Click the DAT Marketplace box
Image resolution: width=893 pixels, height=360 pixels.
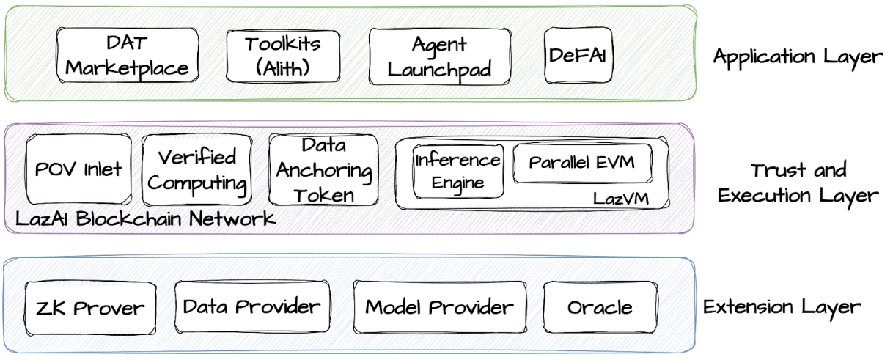click(x=128, y=56)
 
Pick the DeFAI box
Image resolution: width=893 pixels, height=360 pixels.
click(x=578, y=55)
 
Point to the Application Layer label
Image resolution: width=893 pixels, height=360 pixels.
click(x=798, y=57)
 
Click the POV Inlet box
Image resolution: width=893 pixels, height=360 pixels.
click(x=78, y=169)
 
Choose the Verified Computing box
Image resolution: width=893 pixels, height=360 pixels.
click(x=196, y=169)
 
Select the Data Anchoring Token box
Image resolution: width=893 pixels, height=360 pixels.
click(x=323, y=169)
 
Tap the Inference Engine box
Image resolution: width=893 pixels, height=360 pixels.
click(x=457, y=171)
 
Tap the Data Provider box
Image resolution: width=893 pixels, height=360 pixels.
click(x=252, y=306)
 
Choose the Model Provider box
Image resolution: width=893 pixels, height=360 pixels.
click(x=440, y=306)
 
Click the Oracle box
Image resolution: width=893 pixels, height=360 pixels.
click(x=600, y=306)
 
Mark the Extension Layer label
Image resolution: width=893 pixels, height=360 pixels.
click(x=782, y=306)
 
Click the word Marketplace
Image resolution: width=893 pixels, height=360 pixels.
click(x=128, y=69)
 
